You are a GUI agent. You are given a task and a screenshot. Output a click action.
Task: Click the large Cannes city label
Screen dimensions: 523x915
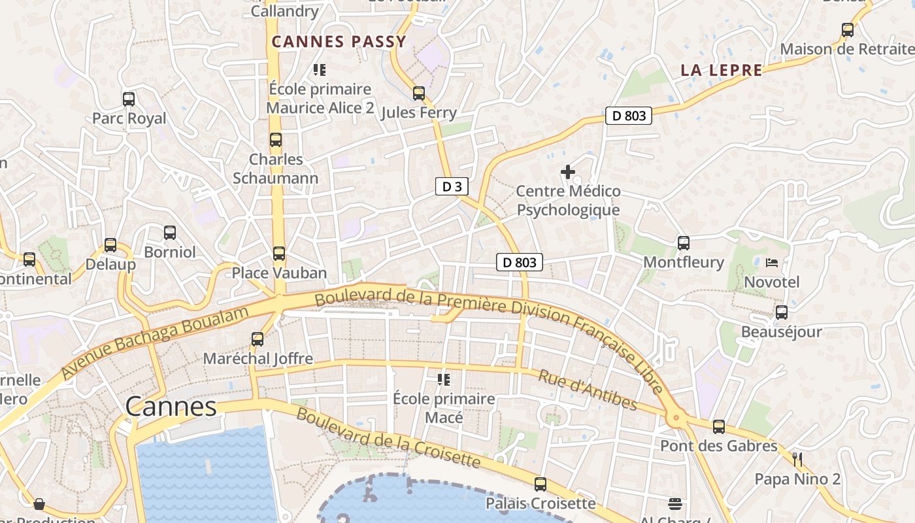pyautogui.click(x=171, y=407)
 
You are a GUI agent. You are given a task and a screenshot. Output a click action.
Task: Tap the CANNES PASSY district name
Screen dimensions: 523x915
pyautogui.click(x=339, y=42)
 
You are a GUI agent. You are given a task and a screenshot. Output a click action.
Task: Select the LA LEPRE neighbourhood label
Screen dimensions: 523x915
pyautogui.click(x=722, y=70)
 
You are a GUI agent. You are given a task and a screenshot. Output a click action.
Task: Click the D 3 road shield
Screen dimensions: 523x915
pyautogui.click(x=452, y=186)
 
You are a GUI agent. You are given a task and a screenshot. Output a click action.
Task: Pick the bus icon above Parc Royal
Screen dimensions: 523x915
pyautogui.click(x=129, y=99)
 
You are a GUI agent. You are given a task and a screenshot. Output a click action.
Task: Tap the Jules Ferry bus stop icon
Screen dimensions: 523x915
pyautogui.click(x=419, y=93)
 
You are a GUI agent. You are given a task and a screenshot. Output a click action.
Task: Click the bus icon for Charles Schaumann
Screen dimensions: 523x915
pyautogui.click(x=276, y=140)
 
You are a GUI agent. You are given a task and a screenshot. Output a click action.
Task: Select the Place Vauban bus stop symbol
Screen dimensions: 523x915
pyautogui.click(x=279, y=254)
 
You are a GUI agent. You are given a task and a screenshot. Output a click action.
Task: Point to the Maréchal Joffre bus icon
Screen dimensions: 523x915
pyautogui.click(x=258, y=339)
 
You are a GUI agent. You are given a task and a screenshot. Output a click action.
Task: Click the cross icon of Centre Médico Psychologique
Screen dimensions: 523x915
pyautogui.click(x=568, y=172)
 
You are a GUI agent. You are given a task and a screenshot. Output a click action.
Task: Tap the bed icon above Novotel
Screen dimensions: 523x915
pyautogui.click(x=772, y=263)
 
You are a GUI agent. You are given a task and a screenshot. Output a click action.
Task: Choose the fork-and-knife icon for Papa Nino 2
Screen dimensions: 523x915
pyautogui.click(x=797, y=460)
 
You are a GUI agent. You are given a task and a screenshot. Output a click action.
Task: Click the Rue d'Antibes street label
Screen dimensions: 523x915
pyautogui.click(x=587, y=390)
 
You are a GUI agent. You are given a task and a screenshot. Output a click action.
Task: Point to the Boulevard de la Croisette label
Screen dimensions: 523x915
pyautogui.click(x=388, y=438)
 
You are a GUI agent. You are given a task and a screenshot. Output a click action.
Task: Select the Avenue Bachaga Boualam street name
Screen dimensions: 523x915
pyautogui.click(x=155, y=342)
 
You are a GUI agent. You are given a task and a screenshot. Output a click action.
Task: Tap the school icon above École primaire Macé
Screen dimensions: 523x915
pyautogui.click(x=444, y=379)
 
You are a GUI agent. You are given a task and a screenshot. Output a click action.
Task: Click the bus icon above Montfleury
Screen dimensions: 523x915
pyautogui.click(x=684, y=243)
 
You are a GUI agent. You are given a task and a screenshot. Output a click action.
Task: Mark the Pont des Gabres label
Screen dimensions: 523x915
pyautogui.click(x=718, y=446)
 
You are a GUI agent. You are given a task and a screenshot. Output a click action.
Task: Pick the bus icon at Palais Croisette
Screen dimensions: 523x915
pyautogui.click(x=541, y=484)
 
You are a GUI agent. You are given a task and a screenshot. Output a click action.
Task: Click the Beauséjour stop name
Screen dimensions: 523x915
pyautogui.click(x=781, y=331)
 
